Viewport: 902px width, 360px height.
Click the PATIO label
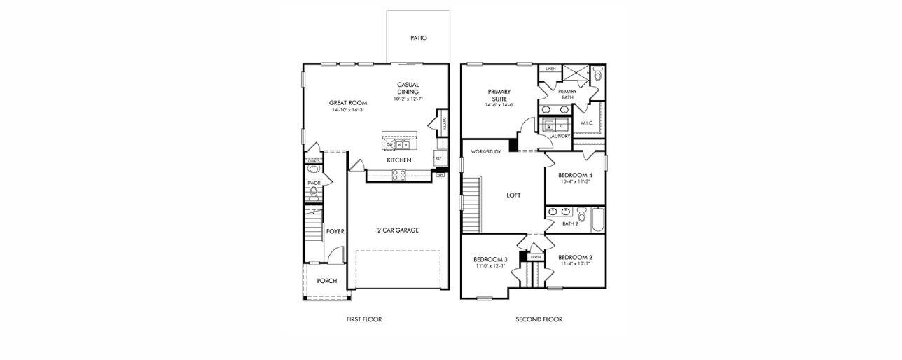click(418, 38)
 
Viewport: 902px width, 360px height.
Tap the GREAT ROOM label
click(348, 103)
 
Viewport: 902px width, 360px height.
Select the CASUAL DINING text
click(408, 88)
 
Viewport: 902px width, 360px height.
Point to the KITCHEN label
click(399, 160)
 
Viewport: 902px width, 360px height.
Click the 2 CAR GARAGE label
click(397, 230)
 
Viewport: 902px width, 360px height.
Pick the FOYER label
click(335, 231)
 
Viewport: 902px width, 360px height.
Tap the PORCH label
click(326, 281)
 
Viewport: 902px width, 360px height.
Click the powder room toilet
click(314, 191)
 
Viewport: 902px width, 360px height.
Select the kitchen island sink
click(401, 145)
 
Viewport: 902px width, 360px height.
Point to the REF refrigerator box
click(438, 158)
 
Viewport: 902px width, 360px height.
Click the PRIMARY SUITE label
click(499, 95)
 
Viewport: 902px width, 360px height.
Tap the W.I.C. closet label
click(587, 123)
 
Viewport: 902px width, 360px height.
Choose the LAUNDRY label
click(560, 136)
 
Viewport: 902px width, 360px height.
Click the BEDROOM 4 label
click(575, 175)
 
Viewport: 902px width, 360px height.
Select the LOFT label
click(513, 195)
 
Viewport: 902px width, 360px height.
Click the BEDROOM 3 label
click(490, 259)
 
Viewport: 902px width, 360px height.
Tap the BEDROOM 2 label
click(575, 258)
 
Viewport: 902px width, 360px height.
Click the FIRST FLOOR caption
click(364, 319)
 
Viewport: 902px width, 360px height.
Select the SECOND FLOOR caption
click(539, 319)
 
